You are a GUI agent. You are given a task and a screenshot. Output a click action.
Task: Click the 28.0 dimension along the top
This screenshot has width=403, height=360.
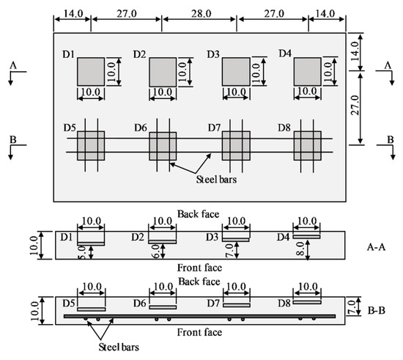pos(199,12)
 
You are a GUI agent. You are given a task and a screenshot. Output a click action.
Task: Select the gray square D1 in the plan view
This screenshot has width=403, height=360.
pos(91,72)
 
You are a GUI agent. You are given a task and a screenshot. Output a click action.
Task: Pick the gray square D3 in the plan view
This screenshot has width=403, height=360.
pos(235,72)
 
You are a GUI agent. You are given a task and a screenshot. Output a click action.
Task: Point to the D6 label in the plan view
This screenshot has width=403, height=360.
pos(141,128)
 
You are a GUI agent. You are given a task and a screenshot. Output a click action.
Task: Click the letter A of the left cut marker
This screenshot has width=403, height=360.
pos(14,65)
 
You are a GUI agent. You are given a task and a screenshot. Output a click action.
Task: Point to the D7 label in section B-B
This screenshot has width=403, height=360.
pos(212,302)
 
